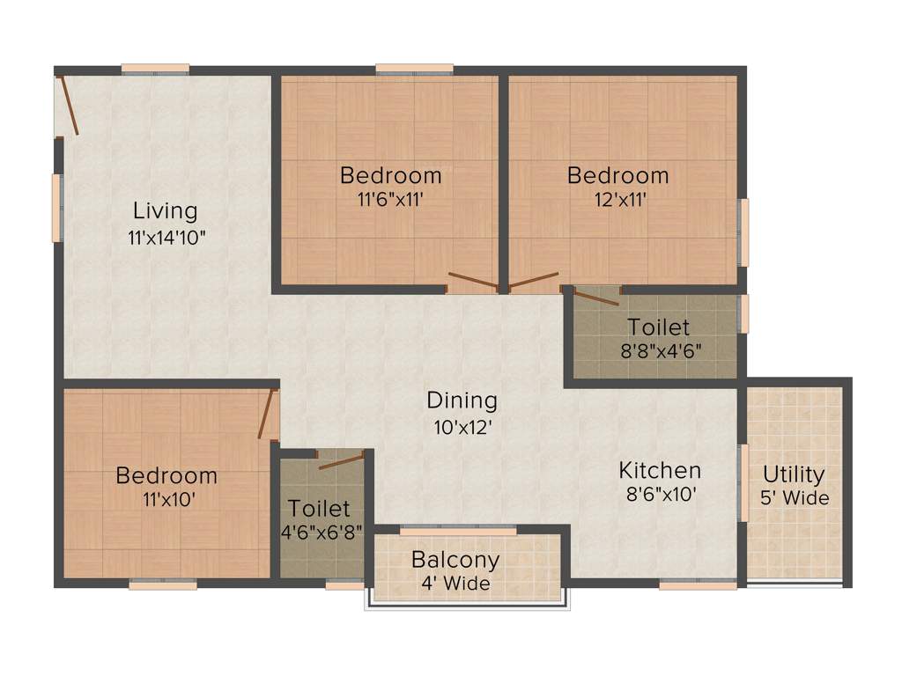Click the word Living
click(165, 211)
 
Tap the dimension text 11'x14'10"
click(167, 237)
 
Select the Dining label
click(462, 400)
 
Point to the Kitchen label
click(660, 470)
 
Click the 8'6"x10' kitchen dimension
click(662, 495)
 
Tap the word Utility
click(794, 475)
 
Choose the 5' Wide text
click(795, 498)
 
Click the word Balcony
click(455, 560)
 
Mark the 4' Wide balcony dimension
click(455, 583)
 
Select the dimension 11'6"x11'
click(390, 200)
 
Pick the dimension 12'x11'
click(617, 200)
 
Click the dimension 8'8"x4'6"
click(659, 349)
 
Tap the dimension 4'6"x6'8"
click(320, 533)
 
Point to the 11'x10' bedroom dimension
click(166, 499)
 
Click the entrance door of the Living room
click(68, 106)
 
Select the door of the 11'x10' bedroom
click(265, 414)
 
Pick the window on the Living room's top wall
click(155, 69)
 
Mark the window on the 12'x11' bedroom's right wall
click(743, 232)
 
